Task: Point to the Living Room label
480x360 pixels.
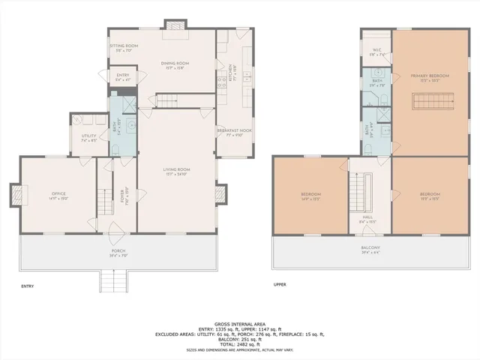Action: pos(177,171)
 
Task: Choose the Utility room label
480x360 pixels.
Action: pos(88,136)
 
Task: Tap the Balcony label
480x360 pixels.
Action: pos(370,249)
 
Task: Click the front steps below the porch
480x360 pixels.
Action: pos(113,280)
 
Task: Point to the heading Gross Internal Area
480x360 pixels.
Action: pos(239,322)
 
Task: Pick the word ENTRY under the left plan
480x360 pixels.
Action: pos(28,286)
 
